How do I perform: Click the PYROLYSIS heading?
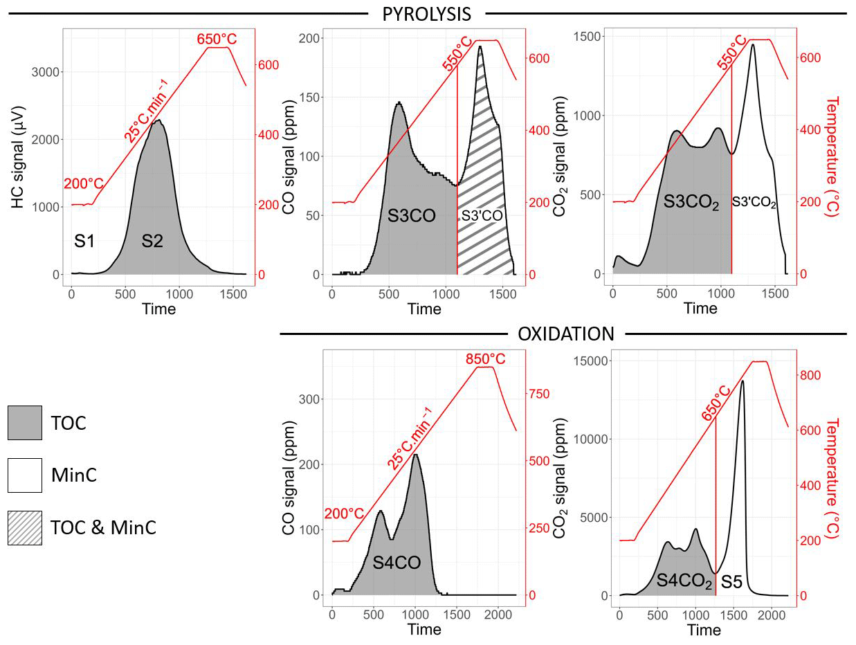tap(426, 13)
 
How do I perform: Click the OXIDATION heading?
tap(565, 334)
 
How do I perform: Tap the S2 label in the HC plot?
tap(152, 242)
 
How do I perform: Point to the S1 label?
tap(84, 242)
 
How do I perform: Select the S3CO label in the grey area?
tap(411, 216)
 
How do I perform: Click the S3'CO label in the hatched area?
tap(482, 216)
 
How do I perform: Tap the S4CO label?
tap(397, 563)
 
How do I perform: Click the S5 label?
tap(731, 583)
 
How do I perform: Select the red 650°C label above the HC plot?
tap(217, 39)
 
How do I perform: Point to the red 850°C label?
tap(485, 359)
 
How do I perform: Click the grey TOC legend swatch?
tap(25, 423)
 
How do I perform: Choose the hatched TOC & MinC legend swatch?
tap(25, 528)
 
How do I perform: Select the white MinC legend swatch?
tap(25, 475)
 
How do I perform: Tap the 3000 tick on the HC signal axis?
tap(44, 72)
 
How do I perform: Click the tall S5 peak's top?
tap(743, 381)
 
